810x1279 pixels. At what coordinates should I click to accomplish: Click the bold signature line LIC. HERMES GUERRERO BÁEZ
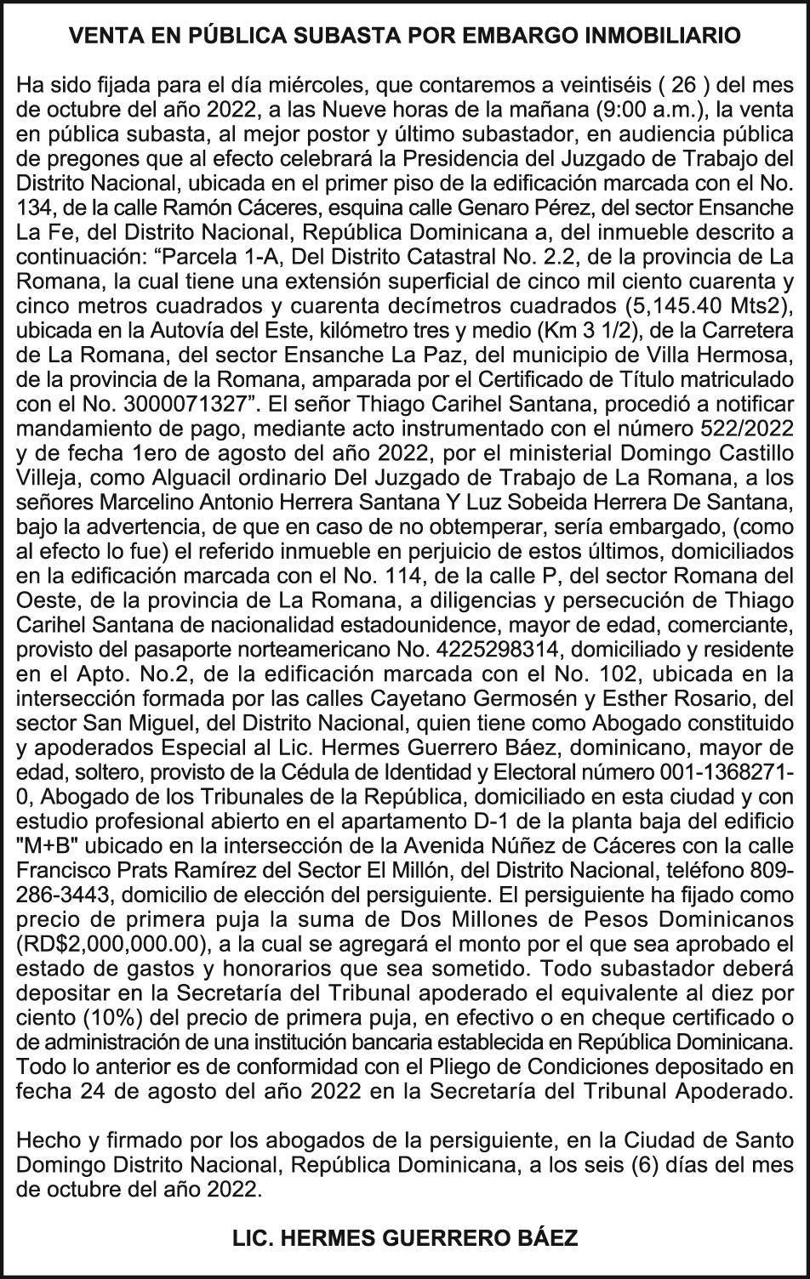405,1238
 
